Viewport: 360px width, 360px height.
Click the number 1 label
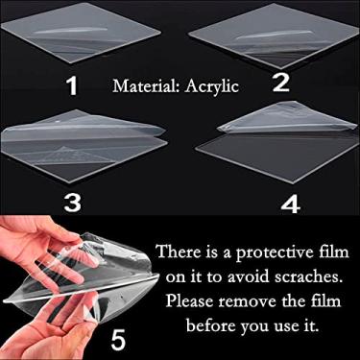tap(73, 85)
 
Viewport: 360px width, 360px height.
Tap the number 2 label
tap(281, 83)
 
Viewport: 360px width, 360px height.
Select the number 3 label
tap(72, 203)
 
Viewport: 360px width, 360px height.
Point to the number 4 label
tap(290, 204)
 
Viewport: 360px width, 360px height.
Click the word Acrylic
tap(212, 86)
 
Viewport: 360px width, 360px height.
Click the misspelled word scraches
tap(306, 276)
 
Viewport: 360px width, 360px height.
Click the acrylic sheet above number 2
tap(274, 36)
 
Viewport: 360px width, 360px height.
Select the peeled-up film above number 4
tap(286, 118)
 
